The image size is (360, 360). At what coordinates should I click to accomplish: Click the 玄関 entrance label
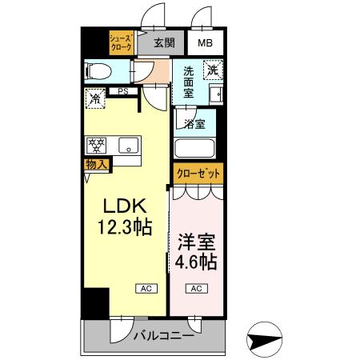165,42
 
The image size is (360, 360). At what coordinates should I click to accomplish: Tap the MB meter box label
206,42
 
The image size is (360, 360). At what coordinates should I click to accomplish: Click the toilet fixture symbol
98,70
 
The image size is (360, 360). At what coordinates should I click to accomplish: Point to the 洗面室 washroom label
189,82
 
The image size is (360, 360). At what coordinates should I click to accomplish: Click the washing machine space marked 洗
212,70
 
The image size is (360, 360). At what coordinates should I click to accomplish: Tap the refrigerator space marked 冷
94,100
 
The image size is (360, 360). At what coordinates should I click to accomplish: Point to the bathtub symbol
194,149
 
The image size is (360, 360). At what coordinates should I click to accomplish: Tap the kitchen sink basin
126,146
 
